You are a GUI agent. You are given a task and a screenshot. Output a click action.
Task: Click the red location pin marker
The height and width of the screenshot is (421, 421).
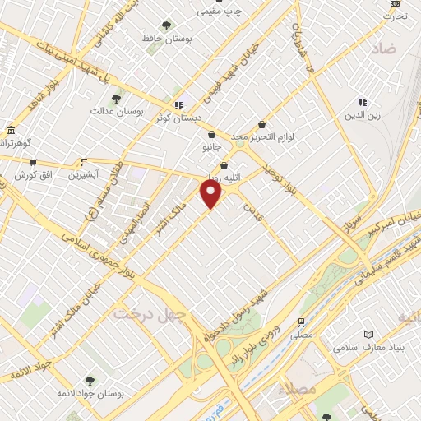tap(212, 194)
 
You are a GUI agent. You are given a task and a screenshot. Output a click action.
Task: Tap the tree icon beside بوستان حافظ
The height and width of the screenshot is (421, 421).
tap(167, 25)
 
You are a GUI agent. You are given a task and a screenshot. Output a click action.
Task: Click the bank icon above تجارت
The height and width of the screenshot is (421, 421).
tap(395, 3)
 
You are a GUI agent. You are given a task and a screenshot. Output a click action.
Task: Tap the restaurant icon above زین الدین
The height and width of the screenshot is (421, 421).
tap(363, 102)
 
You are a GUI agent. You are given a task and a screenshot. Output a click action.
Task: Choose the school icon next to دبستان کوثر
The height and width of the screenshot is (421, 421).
tap(178, 104)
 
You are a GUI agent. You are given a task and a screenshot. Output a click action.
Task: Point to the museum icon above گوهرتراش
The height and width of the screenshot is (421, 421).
tap(11, 130)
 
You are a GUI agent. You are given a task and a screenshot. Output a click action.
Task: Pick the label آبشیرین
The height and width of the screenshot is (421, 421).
tap(83, 174)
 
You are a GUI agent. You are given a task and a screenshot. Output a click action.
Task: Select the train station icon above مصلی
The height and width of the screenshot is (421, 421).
tap(303, 322)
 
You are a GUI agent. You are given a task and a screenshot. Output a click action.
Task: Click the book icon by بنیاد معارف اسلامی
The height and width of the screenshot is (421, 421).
tap(368, 335)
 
